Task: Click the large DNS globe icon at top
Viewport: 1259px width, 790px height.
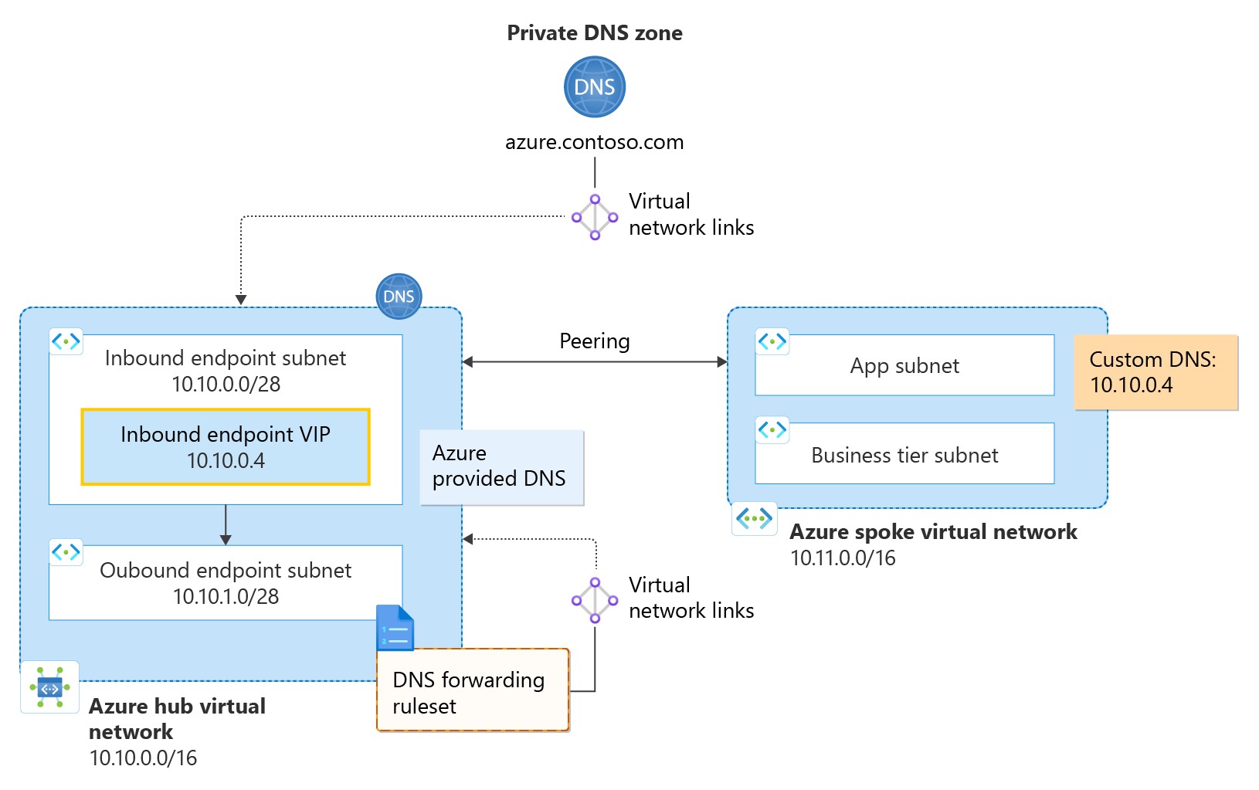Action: (x=594, y=86)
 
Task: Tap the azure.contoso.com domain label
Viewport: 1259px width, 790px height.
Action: (x=594, y=142)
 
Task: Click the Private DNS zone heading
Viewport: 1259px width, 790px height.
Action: (x=594, y=33)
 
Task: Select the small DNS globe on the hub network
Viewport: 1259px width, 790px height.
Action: (x=399, y=297)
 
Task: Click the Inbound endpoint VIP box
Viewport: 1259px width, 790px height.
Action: (x=226, y=447)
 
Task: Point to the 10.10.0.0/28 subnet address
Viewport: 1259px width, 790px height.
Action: (x=226, y=385)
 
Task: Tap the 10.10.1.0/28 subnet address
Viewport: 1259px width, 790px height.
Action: (x=226, y=597)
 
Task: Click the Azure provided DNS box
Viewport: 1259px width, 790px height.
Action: (x=501, y=467)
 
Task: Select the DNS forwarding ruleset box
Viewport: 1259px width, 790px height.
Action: (x=473, y=691)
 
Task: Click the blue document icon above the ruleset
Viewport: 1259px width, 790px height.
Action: (x=395, y=629)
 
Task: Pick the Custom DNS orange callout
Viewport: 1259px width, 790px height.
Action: (x=1155, y=372)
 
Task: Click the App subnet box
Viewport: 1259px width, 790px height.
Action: (x=904, y=366)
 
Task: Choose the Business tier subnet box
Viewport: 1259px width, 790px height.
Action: (x=904, y=455)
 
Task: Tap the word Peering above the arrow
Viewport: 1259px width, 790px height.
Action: (x=594, y=341)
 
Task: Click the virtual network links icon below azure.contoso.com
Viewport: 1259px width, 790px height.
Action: (x=594, y=217)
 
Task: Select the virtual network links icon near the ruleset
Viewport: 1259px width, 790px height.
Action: (x=594, y=600)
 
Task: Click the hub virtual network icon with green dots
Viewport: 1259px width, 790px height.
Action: (x=49, y=687)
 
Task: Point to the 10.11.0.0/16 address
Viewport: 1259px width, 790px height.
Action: (x=843, y=558)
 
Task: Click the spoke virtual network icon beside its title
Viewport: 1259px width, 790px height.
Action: (x=755, y=518)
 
